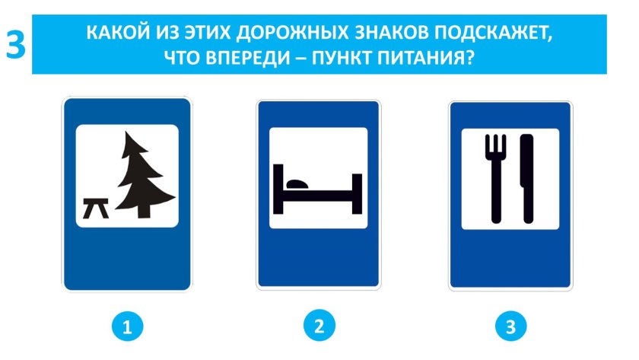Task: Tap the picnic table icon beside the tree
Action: (97, 207)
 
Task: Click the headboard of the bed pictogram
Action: (278, 186)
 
